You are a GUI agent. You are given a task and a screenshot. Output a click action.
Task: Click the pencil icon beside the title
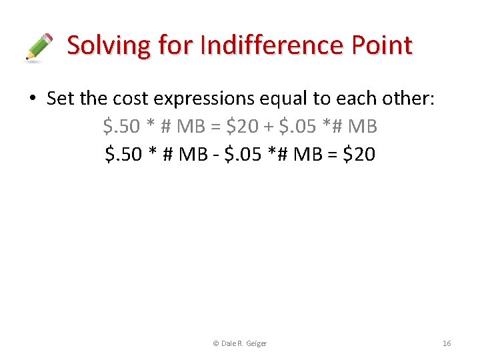click(39, 47)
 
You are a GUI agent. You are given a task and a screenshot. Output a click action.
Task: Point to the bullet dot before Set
click(31, 99)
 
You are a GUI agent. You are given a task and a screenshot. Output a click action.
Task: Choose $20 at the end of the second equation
click(359, 154)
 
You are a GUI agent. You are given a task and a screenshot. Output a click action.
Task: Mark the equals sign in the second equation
click(331, 155)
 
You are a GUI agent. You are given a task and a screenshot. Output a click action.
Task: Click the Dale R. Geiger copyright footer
click(239, 343)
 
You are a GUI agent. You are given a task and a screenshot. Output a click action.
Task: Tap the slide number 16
click(447, 343)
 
